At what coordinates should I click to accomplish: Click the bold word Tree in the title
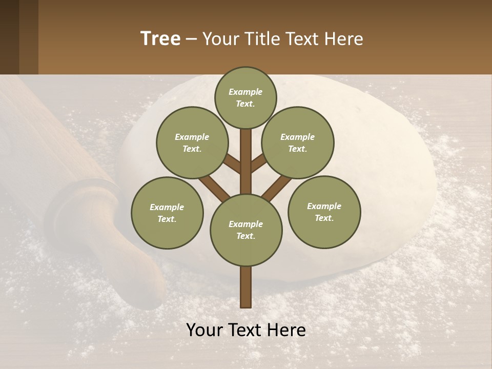coord(160,38)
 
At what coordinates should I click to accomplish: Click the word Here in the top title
coord(343,38)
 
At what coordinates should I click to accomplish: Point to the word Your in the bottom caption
coord(205,330)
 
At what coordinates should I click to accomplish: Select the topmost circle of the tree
coord(245,97)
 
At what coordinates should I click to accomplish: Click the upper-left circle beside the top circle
coord(192,142)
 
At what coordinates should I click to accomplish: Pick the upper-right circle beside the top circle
coord(298,142)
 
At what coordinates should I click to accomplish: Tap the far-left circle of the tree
coord(167,213)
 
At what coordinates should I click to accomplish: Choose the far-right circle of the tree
coord(324,212)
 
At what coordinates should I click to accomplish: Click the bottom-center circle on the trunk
coord(246,230)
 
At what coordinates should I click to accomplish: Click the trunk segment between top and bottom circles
coord(246,164)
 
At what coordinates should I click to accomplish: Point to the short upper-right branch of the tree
coord(259,163)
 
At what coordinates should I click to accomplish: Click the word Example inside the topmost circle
coord(245,92)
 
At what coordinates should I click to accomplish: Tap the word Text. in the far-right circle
coord(324,218)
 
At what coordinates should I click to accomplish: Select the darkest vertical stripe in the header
coord(9,37)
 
